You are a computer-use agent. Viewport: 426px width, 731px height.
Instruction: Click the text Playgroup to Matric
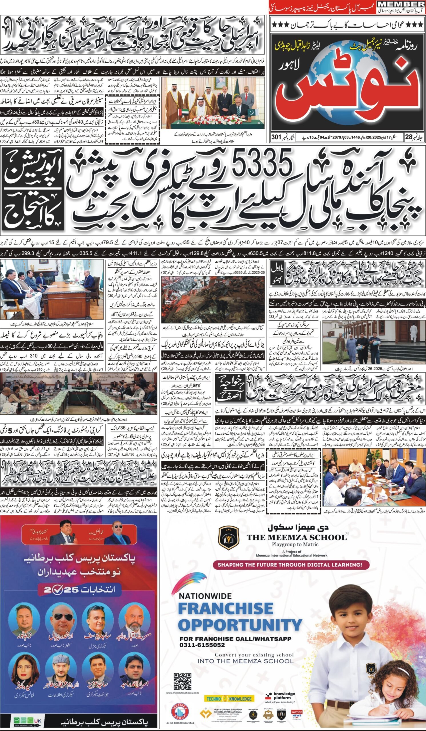point(296,545)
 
